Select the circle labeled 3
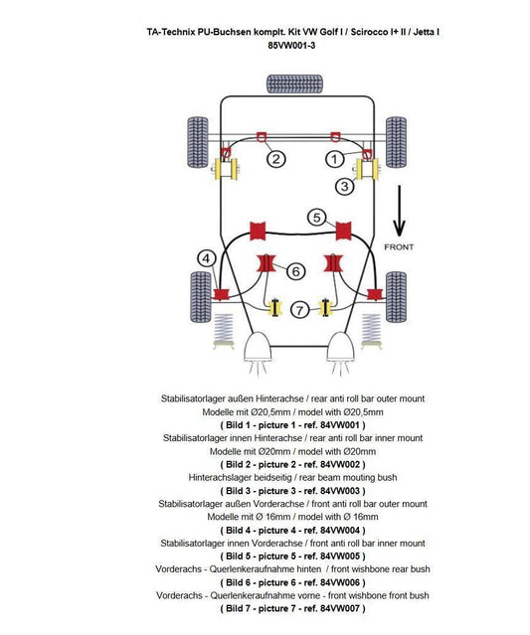tap(344, 186)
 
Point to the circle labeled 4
tap(207, 258)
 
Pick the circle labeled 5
tap(317, 217)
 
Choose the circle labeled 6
tap(295, 270)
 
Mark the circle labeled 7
tap(298, 311)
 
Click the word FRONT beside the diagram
tap(399, 246)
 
